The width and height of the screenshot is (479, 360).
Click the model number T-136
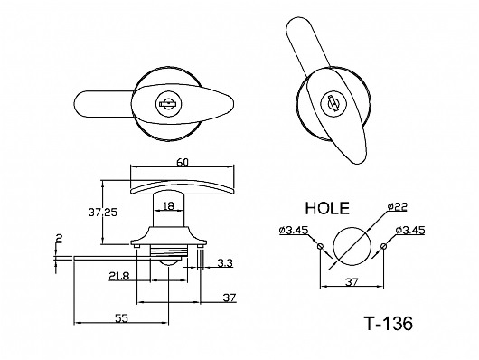388,323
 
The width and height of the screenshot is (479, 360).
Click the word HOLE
327,208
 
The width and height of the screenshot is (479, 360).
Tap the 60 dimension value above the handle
183,162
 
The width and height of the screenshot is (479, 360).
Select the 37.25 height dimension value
103,213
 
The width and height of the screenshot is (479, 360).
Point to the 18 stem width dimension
168,206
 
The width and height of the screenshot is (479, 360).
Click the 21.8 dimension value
119,276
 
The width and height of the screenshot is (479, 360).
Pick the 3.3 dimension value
225,262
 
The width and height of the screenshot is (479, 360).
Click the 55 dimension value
121,318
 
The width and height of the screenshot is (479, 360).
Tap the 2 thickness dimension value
58,238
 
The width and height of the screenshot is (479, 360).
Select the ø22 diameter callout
398,207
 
